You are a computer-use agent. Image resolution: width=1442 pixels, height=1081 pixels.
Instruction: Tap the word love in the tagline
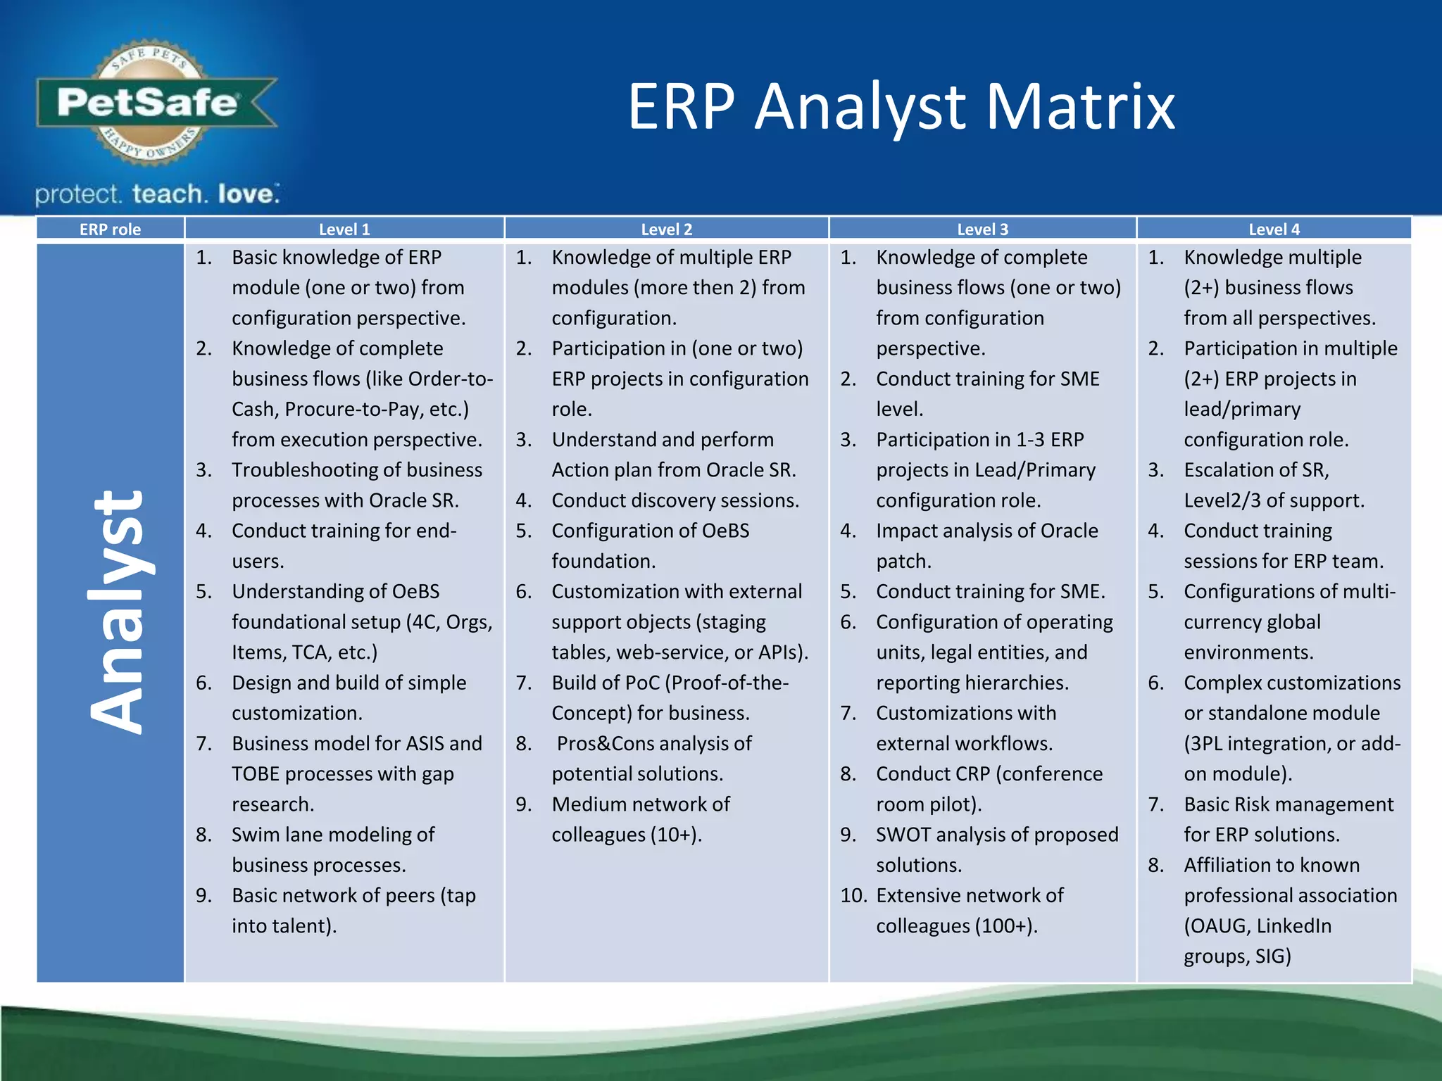246,194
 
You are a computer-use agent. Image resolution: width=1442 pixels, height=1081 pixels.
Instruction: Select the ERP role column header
110,229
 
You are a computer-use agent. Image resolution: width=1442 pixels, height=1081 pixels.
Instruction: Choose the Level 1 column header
344,229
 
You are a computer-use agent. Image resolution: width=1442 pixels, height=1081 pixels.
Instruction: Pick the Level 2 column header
666,229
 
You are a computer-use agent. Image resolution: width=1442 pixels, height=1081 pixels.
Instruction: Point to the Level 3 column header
982,229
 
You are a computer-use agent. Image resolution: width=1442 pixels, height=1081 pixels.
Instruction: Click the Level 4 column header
1274,229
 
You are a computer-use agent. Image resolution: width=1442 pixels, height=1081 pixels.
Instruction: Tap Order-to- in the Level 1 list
451,379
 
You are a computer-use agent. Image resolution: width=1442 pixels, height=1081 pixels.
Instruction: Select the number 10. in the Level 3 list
853,895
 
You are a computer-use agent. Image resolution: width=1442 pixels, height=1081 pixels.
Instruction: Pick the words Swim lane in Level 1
276,835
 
